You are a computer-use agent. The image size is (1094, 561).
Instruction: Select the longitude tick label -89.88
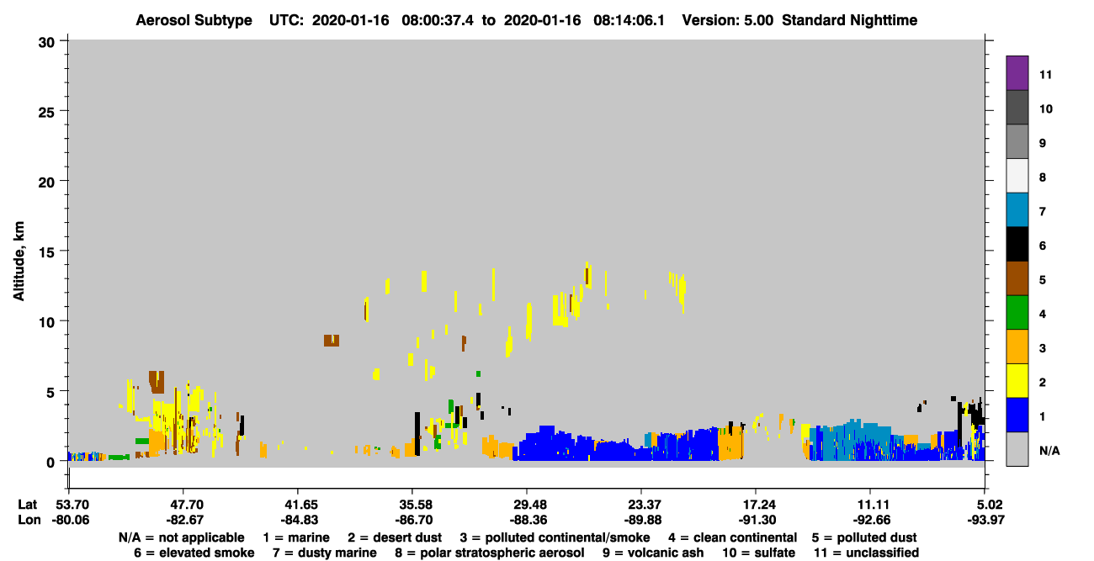tap(642, 521)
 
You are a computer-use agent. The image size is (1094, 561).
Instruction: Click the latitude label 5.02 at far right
tap(985, 505)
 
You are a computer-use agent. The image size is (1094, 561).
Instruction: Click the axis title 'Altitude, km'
tap(19, 261)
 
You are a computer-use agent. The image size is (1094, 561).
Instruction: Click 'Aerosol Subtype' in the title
tap(194, 20)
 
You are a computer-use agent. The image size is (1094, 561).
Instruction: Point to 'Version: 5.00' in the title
tap(728, 20)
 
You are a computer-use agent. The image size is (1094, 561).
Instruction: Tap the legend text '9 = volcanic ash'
tap(653, 553)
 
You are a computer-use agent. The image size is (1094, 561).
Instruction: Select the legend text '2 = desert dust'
tap(395, 537)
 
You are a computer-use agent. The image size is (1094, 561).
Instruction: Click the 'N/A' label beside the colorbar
tap(1049, 451)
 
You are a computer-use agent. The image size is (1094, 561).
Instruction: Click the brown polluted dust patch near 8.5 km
tap(332, 341)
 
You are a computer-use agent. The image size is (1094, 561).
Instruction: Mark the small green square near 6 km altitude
tap(479, 374)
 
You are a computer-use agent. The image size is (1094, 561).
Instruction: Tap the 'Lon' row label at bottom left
tap(29, 521)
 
